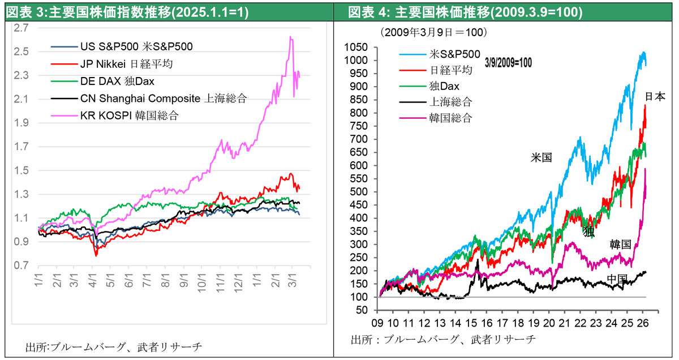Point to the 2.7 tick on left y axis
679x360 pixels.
pyautogui.click(x=22, y=27)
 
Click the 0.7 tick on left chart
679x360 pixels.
pyautogui.click(x=22, y=265)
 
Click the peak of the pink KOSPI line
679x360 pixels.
pyautogui.click(x=290, y=37)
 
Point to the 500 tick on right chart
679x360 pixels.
pyautogui.click(x=362, y=192)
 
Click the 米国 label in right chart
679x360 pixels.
pyautogui.click(x=540, y=158)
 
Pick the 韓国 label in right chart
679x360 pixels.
pyautogui.click(x=620, y=245)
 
